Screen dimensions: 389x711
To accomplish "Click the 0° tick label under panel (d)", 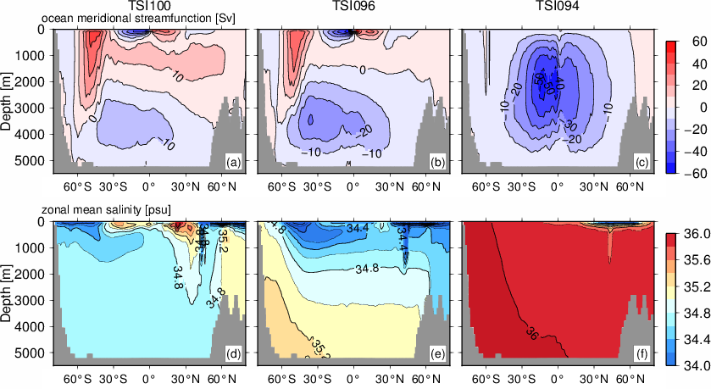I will point(148,375).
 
